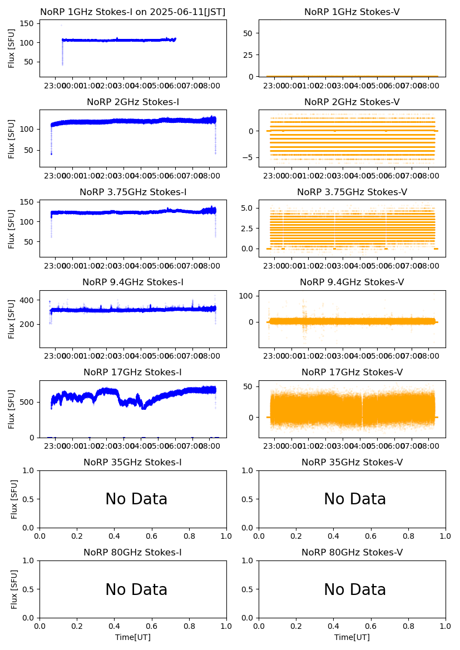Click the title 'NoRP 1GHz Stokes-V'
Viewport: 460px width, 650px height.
(x=352, y=12)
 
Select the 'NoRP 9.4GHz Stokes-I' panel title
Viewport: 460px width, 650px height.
(x=133, y=282)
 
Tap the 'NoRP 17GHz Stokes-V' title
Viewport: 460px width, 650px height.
(x=352, y=372)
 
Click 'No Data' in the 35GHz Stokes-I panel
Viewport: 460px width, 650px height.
(x=136, y=499)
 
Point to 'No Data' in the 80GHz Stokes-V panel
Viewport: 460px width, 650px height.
(x=355, y=589)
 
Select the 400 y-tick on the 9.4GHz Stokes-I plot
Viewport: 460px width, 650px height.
(x=29, y=300)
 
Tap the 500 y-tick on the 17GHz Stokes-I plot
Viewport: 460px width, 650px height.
(x=29, y=402)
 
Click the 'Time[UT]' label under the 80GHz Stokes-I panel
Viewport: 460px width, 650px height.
(x=133, y=637)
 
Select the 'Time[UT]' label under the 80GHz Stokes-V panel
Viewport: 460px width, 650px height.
(x=352, y=637)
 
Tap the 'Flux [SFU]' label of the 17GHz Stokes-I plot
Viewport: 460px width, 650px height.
(x=12, y=409)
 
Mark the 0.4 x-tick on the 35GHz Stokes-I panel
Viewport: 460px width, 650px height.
(x=115, y=537)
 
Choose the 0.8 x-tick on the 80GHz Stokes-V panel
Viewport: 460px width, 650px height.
(x=408, y=627)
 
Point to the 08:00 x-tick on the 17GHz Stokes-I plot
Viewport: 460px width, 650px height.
(x=209, y=446)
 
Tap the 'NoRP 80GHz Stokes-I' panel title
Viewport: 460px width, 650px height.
(x=133, y=552)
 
